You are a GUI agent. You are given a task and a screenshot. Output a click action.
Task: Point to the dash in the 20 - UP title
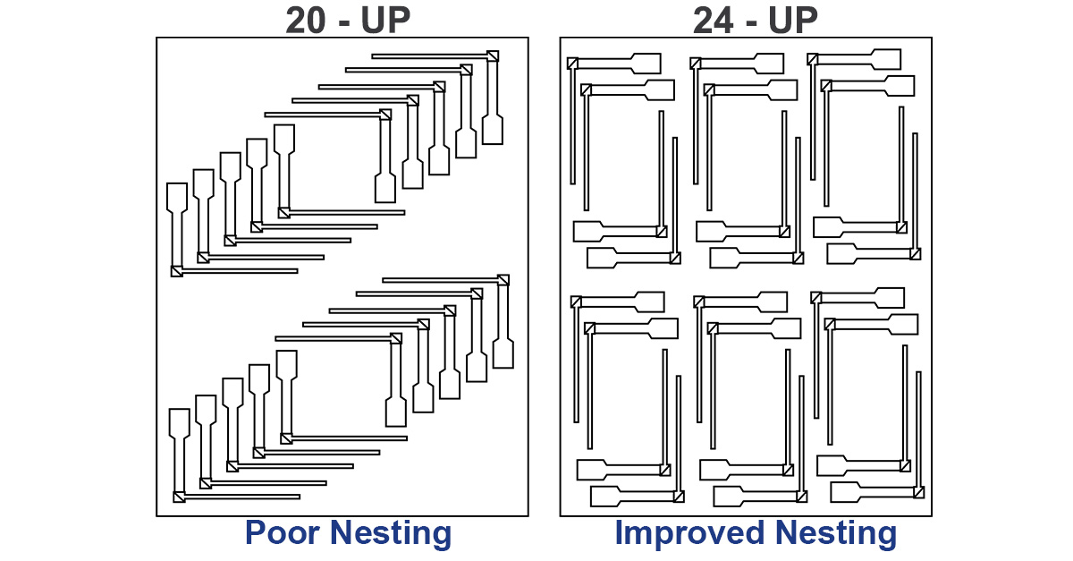click(345, 21)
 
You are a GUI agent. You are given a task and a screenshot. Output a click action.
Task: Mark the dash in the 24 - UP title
click(752, 21)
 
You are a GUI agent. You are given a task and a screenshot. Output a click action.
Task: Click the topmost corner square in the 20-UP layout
click(492, 56)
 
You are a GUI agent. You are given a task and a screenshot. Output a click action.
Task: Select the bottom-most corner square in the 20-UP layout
click(179, 497)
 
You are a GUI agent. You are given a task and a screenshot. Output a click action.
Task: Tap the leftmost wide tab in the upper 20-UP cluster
click(177, 197)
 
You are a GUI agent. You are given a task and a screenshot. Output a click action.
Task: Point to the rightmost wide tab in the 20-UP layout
click(504, 354)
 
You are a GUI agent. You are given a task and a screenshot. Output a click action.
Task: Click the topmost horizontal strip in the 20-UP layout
click(429, 56)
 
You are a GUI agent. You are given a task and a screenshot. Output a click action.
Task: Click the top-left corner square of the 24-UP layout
click(572, 63)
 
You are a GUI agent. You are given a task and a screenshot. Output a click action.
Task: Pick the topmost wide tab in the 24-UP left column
click(646, 64)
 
